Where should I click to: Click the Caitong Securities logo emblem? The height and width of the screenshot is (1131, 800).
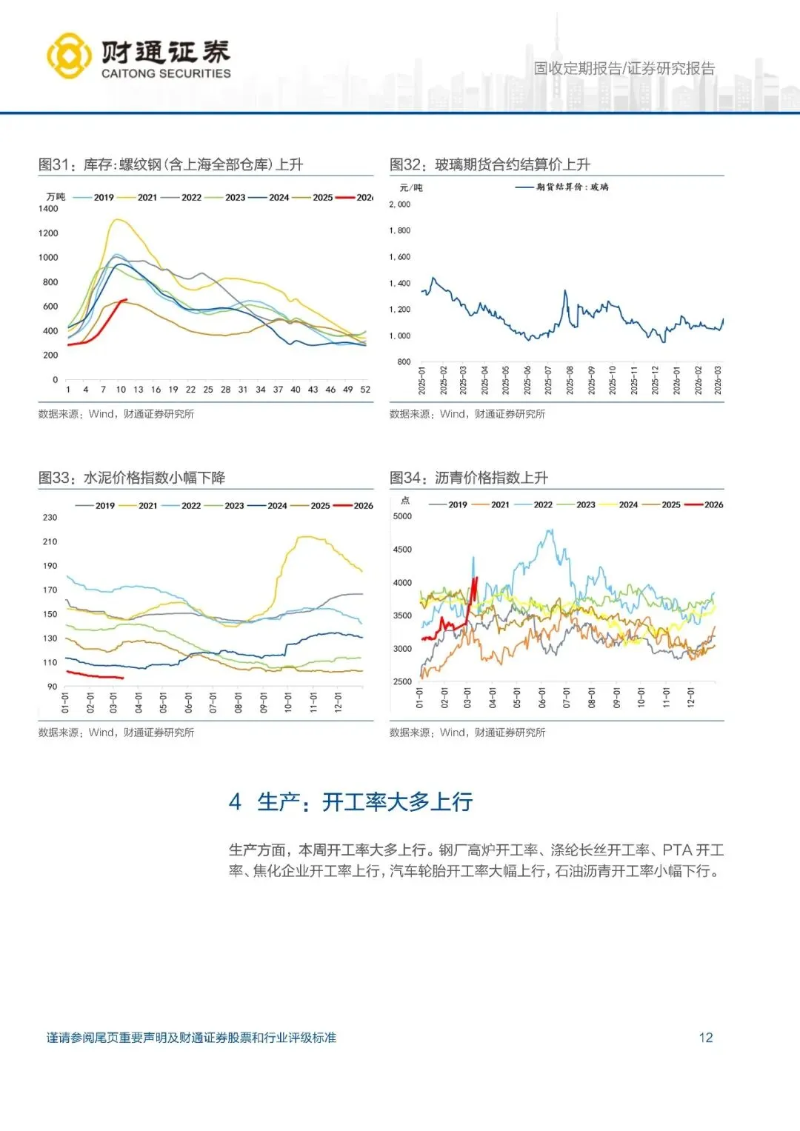coord(70,56)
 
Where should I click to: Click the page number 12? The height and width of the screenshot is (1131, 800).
coord(705,1038)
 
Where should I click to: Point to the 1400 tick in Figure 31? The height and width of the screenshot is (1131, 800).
coord(48,209)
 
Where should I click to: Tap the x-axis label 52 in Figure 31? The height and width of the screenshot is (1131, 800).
coord(365,390)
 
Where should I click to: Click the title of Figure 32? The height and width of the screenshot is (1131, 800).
coord(490,164)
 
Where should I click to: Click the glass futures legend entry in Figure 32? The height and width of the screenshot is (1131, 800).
coord(562,187)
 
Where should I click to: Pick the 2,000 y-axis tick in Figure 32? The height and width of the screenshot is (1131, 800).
coord(399,204)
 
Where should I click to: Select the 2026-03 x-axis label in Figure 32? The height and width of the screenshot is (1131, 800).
coord(718,380)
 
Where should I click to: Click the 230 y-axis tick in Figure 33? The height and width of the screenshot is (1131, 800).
coord(50,518)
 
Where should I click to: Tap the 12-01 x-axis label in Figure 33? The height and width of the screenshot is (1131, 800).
coord(338,702)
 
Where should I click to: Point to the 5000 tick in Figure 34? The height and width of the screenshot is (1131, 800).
coord(402,516)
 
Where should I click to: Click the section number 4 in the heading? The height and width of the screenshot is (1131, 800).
coord(235,802)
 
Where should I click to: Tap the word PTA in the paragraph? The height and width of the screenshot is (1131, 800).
coord(677,850)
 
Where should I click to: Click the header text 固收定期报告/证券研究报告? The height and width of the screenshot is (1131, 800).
coord(624,69)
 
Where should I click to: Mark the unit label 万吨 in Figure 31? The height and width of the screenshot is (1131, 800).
coord(56,197)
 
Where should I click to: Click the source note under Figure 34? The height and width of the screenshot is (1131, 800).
coord(467,733)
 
